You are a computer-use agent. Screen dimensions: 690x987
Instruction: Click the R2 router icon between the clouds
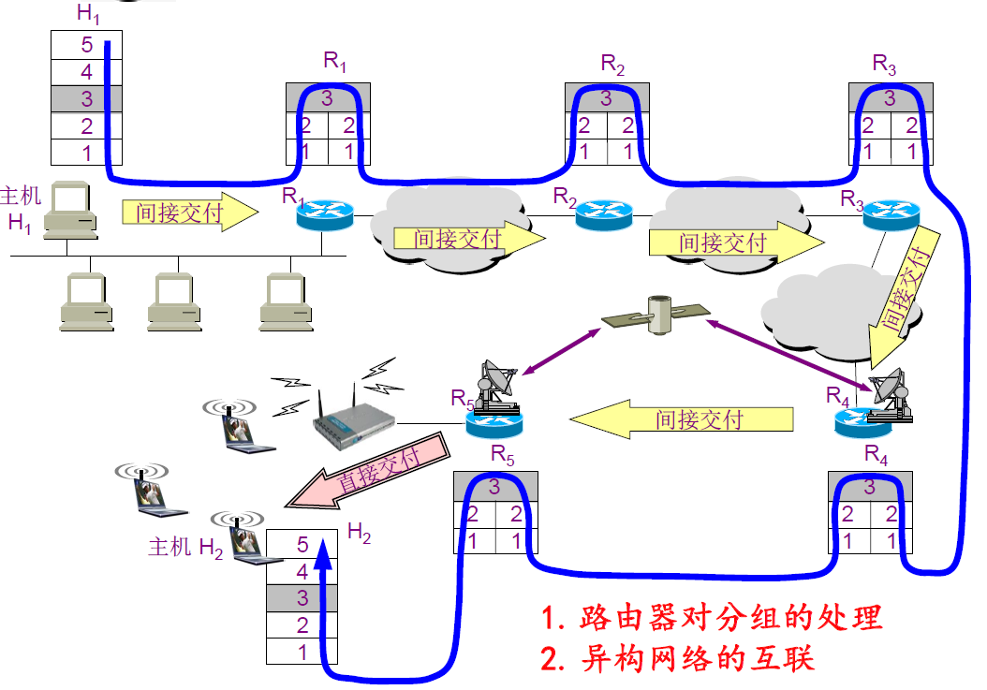tap(603, 215)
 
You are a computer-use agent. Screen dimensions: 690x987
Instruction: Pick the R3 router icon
tap(891, 214)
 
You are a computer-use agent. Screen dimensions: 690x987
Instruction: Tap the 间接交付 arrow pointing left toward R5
tap(683, 418)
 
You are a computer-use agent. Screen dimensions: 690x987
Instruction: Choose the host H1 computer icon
tap(69, 209)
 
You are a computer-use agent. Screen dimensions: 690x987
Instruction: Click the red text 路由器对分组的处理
tap(712, 618)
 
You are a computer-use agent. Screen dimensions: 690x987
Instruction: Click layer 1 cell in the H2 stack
tap(302, 652)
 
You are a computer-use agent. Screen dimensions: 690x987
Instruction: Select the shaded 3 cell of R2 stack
tap(606, 98)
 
